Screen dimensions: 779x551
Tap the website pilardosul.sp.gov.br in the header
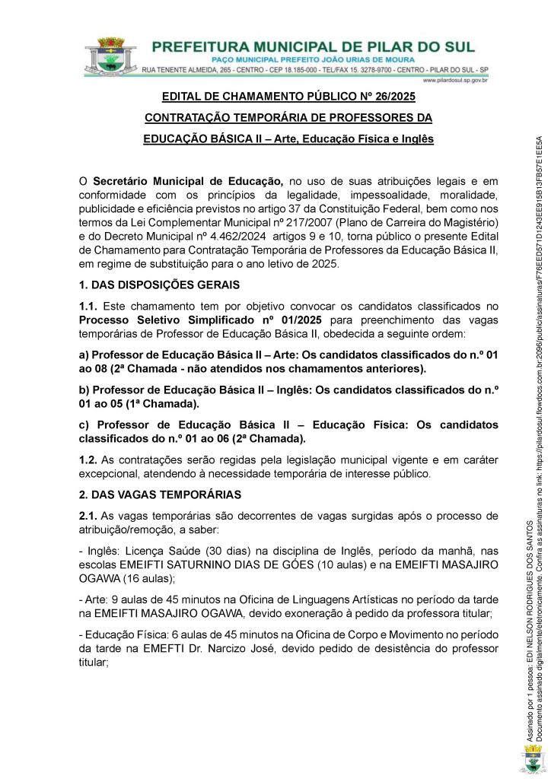pyautogui.click(x=454, y=80)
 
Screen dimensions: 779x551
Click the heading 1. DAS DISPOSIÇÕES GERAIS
pyautogui.click(x=160, y=285)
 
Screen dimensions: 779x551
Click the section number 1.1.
pyautogui.click(x=88, y=305)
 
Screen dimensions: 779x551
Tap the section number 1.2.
pyautogui.click(x=88, y=459)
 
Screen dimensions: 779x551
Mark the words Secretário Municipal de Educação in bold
pyautogui.click(x=188, y=181)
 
